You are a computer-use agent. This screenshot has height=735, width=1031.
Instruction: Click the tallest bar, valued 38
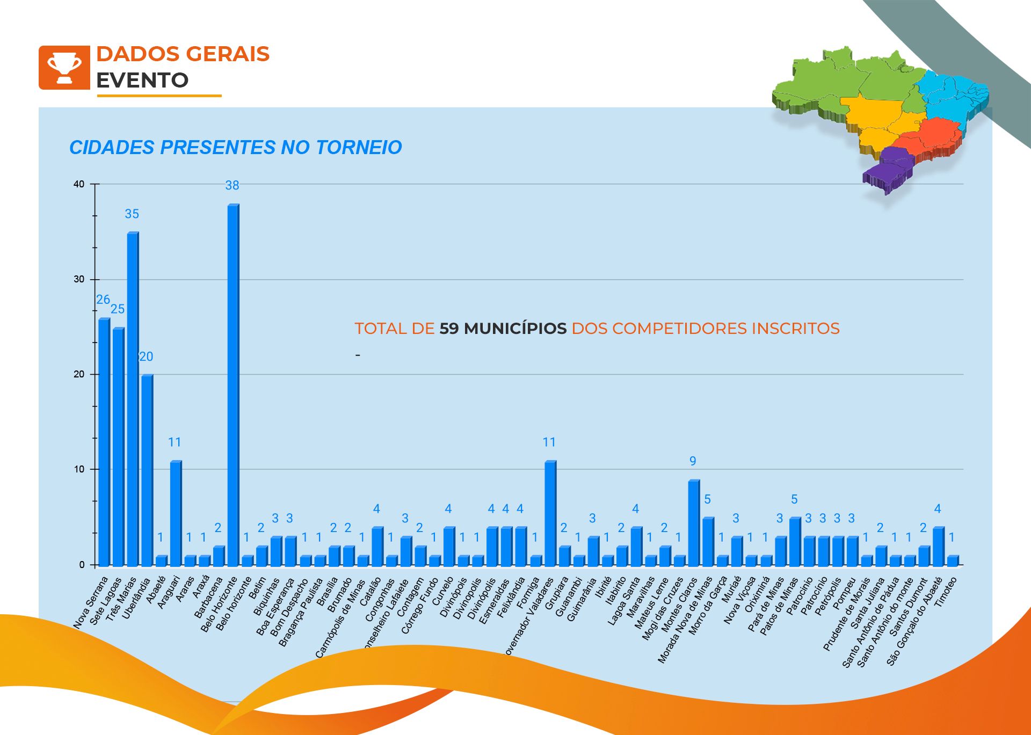[233, 384]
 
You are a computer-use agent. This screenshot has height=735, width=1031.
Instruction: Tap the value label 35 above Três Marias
[132, 214]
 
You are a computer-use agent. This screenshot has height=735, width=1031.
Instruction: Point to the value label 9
[693, 461]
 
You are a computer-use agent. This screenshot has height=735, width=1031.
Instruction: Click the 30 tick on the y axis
[79, 279]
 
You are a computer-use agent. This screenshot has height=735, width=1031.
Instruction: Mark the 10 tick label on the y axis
[79, 469]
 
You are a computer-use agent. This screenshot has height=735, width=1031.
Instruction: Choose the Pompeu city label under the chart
[845, 594]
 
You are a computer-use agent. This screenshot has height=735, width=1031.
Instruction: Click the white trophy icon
[64, 68]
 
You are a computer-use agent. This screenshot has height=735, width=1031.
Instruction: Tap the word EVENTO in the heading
[142, 81]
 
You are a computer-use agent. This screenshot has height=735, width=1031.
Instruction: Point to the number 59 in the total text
[449, 329]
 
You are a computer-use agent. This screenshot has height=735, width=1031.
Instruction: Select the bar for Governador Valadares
[550, 513]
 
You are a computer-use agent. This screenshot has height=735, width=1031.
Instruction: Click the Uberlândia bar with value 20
[147, 470]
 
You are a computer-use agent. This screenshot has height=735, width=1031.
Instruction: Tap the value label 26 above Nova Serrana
[103, 300]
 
